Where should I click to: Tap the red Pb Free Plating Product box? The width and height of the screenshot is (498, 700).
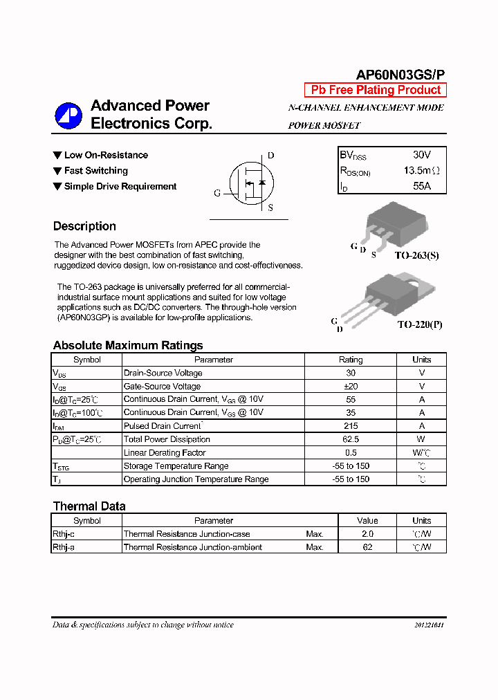tap(376, 90)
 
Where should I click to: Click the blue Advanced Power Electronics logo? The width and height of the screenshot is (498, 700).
tap(68, 116)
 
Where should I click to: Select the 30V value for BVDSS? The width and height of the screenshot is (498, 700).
tap(422, 155)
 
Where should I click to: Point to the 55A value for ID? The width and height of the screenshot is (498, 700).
tap(422, 186)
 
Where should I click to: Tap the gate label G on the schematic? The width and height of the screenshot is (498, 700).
tap(217, 193)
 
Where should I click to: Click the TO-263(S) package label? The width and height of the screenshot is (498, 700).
tap(416, 255)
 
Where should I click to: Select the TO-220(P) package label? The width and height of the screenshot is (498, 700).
tap(419, 324)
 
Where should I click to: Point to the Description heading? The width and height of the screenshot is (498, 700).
tap(84, 226)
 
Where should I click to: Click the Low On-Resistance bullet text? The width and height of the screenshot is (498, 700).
tap(106, 155)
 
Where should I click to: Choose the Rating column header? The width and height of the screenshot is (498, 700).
tap(350, 360)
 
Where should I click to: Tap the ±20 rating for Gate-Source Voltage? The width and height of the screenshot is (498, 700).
tap(350, 386)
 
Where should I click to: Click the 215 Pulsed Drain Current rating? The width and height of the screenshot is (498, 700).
tap(350, 426)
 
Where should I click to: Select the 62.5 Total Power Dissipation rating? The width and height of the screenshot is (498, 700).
tap(350, 439)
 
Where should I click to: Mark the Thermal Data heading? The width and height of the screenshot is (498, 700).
tap(89, 506)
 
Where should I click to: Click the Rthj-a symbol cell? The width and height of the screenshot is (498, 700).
tap(64, 547)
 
